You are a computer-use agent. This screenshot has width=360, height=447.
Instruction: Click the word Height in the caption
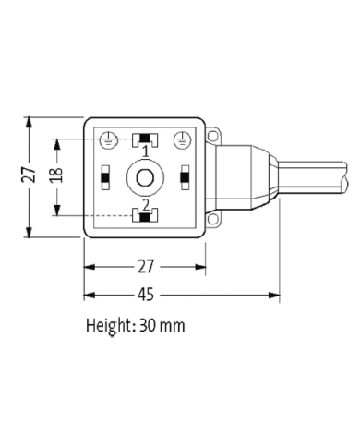point(109,326)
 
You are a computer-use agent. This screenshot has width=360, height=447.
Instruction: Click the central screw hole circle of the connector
point(145,176)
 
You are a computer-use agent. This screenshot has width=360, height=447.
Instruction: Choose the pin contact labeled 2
point(145,215)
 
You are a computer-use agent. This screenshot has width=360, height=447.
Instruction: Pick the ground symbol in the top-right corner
point(183,139)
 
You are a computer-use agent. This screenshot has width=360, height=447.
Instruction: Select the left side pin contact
point(105,176)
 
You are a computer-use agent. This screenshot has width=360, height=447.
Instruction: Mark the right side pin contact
point(186,176)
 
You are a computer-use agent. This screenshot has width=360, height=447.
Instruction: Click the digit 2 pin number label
point(145,203)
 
